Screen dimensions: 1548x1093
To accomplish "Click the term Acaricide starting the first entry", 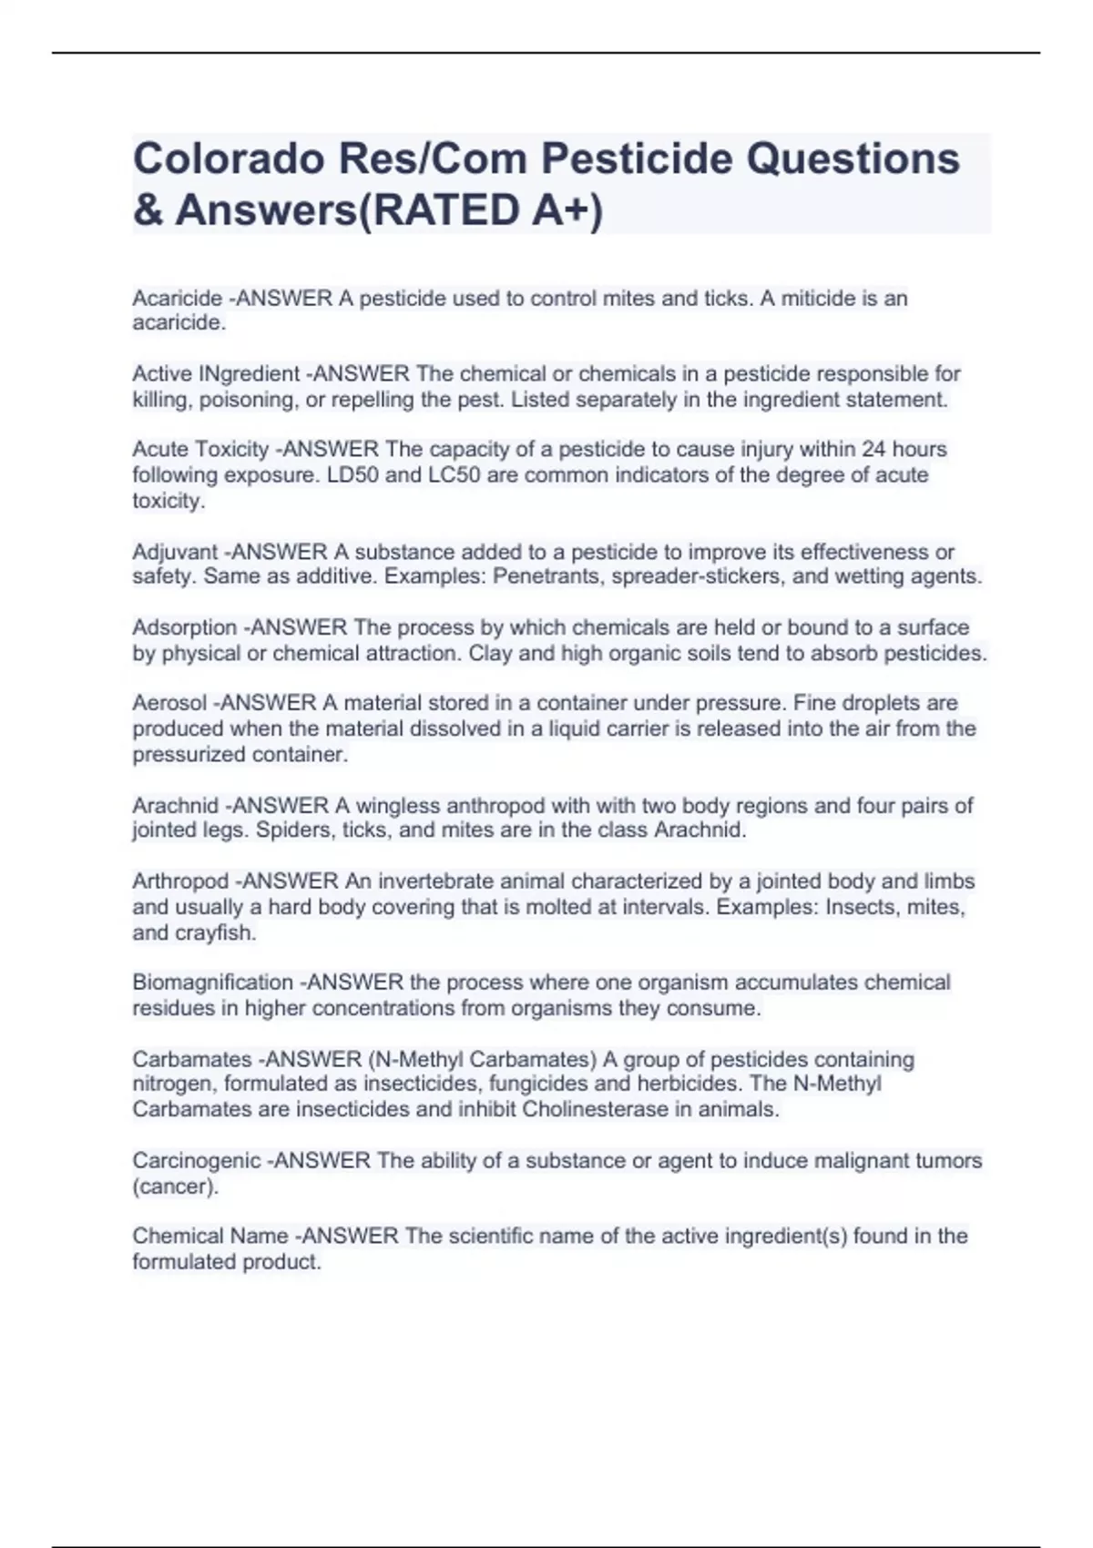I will (x=177, y=299).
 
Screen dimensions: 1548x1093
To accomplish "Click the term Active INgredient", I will (x=216, y=374).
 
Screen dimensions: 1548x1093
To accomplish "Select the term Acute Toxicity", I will (x=200, y=450).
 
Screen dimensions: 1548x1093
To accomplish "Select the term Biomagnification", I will (x=212, y=983).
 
